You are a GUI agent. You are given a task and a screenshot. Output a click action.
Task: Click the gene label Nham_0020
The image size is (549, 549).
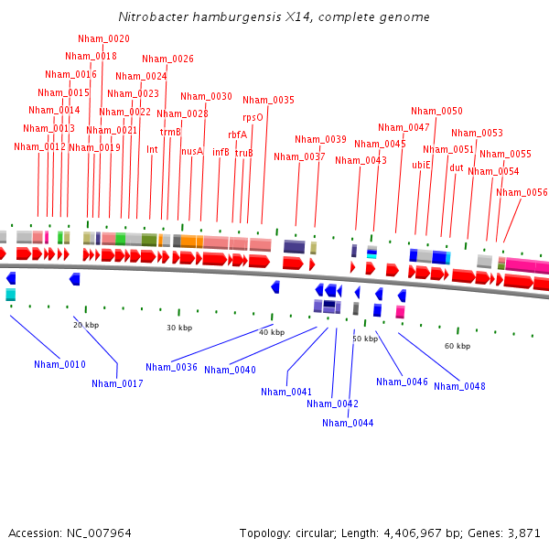click(103, 38)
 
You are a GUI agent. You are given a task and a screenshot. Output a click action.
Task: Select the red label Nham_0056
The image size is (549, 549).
click(522, 192)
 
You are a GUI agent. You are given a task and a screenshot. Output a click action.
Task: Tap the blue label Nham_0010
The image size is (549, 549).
click(59, 364)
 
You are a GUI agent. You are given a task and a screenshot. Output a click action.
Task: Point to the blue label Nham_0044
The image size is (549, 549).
click(348, 423)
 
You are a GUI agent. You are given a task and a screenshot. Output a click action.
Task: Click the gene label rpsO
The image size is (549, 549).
click(253, 117)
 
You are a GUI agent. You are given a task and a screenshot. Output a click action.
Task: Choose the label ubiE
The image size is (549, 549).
click(421, 166)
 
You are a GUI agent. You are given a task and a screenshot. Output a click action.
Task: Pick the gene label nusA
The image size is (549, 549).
click(192, 152)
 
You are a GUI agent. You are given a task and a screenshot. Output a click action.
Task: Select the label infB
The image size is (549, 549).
click(221, 152)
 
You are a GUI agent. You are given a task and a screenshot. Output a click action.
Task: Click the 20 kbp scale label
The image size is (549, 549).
click(86, 324)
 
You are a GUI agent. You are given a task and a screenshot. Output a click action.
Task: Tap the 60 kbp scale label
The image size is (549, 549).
click(457, 346)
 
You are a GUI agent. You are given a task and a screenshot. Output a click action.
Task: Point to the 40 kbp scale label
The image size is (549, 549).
click(272, 332)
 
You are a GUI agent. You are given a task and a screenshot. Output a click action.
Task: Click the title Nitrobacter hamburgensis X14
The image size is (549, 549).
click(274, 17)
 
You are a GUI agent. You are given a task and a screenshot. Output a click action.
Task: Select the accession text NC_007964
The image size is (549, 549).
click(70, 533)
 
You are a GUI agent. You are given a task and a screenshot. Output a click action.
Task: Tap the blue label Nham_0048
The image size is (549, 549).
click(459, 386)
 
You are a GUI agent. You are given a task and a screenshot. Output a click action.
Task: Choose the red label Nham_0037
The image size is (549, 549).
click(299, 156)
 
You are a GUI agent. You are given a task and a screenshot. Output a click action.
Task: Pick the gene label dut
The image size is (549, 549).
click(456, 167)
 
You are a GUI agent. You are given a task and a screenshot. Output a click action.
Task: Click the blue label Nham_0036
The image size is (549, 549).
click(171, 367)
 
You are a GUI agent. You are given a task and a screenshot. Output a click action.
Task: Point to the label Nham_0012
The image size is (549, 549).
click(39, 146)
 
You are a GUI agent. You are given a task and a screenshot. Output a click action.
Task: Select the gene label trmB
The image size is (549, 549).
click(170, 132)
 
